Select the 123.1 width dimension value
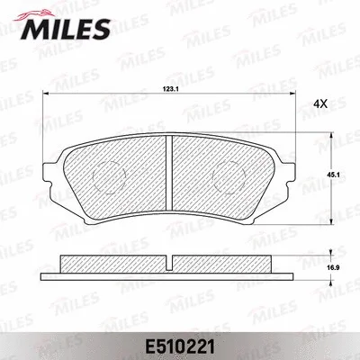tap(170, 88)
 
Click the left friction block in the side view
tap(112, 264)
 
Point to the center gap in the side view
tap(170, 264)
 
